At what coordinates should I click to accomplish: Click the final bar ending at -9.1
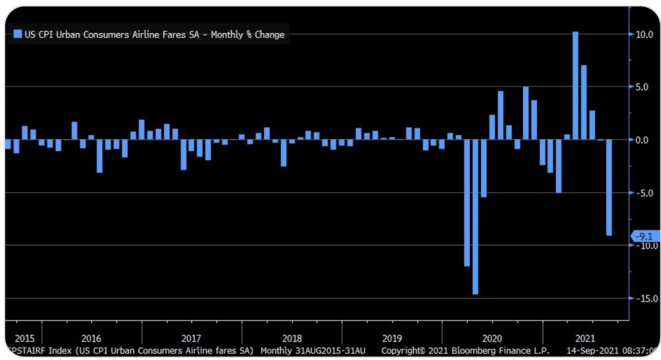click(609, 188)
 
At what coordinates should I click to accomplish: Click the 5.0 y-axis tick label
click(644, 86)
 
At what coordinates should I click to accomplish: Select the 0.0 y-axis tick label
click(644, 139)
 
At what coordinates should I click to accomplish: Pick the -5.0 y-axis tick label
click(642, 192)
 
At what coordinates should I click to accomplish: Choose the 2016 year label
click(91, 338)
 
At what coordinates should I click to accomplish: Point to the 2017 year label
click(192, 338)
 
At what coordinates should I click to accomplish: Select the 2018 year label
click(292, 338)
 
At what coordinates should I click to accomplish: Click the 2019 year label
click(392, 338)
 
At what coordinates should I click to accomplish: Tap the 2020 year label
click(493, 338)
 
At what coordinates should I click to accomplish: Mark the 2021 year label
click(585, 338)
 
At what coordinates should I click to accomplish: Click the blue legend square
click(17, 34)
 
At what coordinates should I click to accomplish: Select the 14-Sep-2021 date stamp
click(595, 351)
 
